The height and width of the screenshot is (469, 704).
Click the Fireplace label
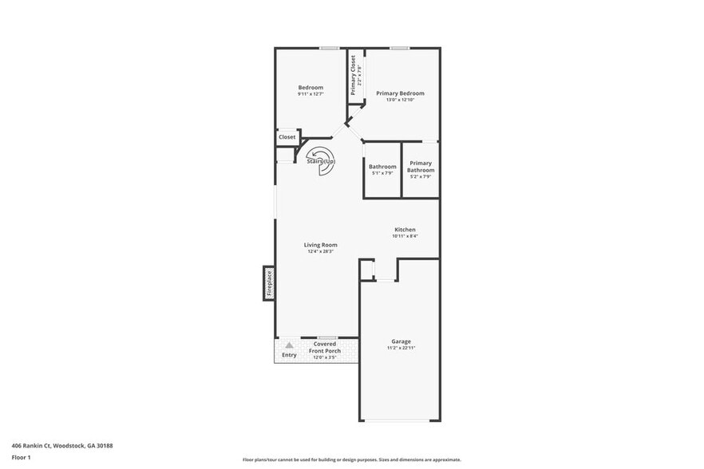(x=270, y=283)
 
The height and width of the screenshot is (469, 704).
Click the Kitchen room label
(x=404, y=230)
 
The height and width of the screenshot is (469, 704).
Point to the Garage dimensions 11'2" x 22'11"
(x=401, y=348)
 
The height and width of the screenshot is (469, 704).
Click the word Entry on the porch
(x=289, y=355)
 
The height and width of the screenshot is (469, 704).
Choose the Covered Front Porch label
(x=325, y=347)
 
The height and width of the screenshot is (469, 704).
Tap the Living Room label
(x=320, y=245)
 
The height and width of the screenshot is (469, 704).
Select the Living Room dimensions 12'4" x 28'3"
(x=320, y=252)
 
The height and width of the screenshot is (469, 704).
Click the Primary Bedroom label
(x=400, y=93)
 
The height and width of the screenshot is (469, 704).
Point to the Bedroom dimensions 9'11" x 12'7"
(x=310, y=94)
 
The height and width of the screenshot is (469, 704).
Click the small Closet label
(x=287, y=137)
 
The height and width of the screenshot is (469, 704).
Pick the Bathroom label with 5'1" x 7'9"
(x=382, y=167)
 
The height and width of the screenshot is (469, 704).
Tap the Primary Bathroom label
(x=421, y=167)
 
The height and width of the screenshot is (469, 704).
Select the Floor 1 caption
(x=22, y=457)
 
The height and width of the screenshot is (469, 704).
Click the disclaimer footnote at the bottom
(x=351, y=460)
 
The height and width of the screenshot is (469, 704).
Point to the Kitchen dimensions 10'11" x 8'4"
(x=404, y=237)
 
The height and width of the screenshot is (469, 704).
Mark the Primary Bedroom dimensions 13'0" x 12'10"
(x=400, y=100)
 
